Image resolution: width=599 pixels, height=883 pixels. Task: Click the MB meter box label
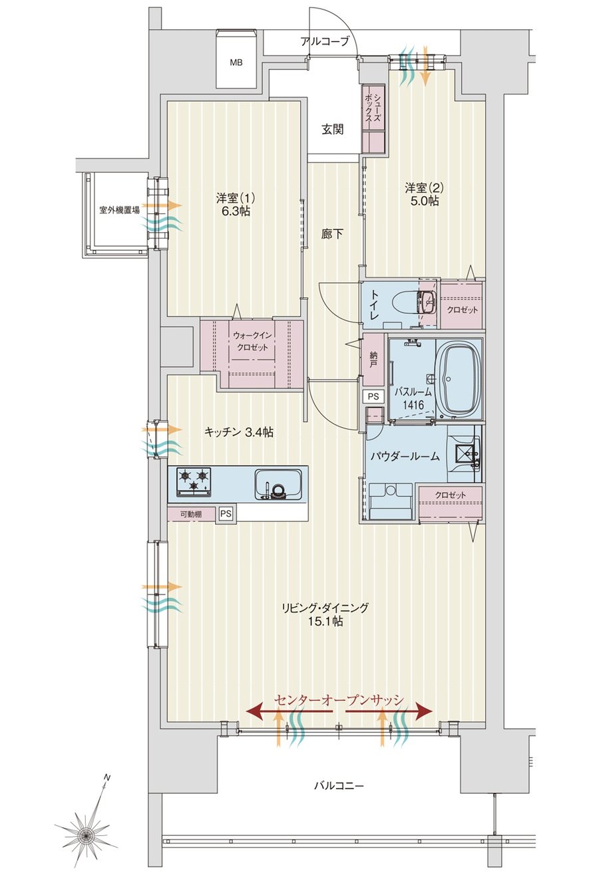point(236,63)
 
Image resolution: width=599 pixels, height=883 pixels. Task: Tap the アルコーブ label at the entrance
point(325,41)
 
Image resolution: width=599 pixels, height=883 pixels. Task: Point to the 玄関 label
point(332,129)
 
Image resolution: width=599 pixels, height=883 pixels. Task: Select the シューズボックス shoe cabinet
point(373,118)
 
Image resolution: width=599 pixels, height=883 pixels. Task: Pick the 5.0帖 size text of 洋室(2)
point(424,201)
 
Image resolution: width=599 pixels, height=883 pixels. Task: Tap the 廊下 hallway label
point(332,234)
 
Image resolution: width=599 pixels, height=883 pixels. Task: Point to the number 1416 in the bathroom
point(413,404)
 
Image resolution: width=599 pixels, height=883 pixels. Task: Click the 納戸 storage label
point(373,359)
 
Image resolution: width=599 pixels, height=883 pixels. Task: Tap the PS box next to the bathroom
point(373,396)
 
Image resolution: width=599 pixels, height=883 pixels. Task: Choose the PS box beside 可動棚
point(226,514)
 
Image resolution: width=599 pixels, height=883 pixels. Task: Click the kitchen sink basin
point(280,484)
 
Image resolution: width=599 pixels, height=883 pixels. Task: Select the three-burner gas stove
point(194,481)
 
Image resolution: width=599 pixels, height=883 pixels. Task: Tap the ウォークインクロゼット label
point(252,341)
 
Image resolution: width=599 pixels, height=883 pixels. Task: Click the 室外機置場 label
point(119,210)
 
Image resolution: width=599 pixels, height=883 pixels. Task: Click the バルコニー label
point(339,786)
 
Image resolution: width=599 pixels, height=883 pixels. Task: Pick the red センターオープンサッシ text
point(339,699)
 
